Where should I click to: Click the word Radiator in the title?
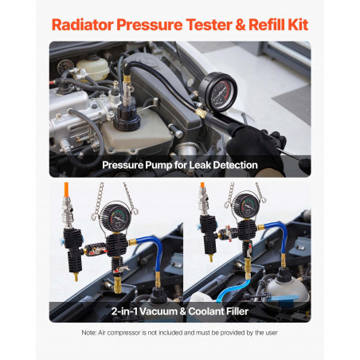pyautogui.click(x=83, y=25)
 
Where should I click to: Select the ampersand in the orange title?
pyautogui.click(x=241, y=25)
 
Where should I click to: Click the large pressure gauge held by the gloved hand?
pyautogui.click(x=218, y=92)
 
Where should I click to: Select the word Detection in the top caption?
pyautogui.click(x=236, y=165)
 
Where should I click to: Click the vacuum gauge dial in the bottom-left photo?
pyautogui.click(x=115, y=218)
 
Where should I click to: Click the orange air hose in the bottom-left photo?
pyautogui.click(x=66, y=190)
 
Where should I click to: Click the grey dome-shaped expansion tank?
pyautogui.click(x=288, y=292)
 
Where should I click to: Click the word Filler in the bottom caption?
pyautogui.click(x=236, y=311)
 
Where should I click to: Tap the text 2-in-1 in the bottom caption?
pyautogui.click(x=124, y=311)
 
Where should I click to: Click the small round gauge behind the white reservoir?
pyautogui.click(x=65, y=66)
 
